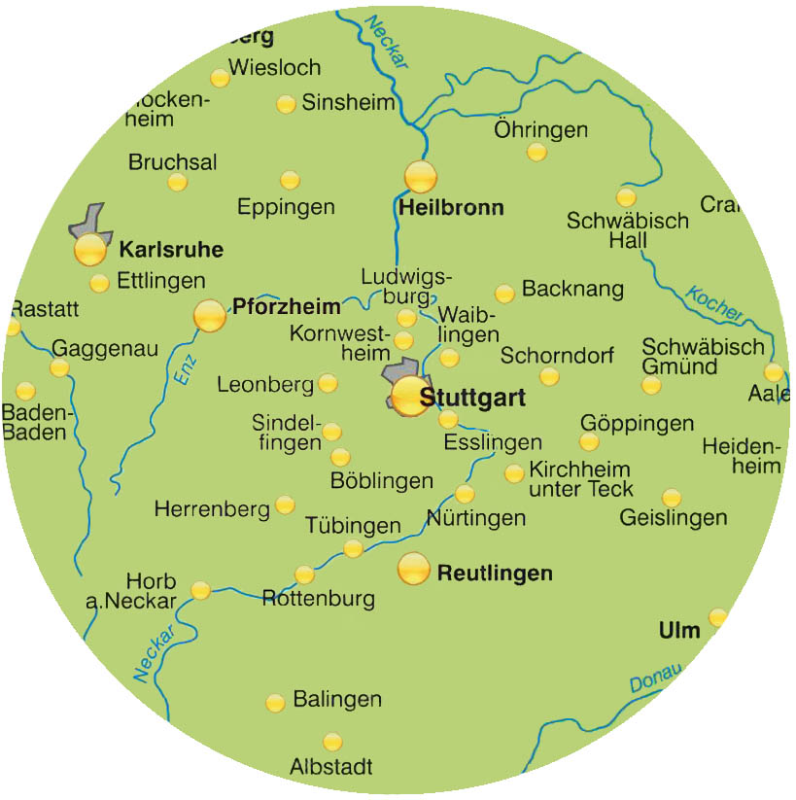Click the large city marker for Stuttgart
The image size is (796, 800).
(410, 397)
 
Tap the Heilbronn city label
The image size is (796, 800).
(451, 207)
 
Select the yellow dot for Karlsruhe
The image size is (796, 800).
(89, 250)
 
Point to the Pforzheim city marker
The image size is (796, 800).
(209, 315)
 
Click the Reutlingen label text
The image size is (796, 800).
(495, 574)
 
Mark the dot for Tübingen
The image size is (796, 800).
(353, 549)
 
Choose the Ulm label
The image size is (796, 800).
(679, 631)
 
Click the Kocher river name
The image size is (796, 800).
(713, 304)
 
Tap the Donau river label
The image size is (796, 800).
(655, 679)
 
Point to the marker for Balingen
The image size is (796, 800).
(275, 703)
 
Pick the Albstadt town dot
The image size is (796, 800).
(332, 742)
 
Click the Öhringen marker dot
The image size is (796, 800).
(536, 152)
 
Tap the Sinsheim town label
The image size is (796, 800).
(349, 102)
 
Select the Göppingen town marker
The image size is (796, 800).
(589, 442)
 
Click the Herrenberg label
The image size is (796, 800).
(211, 508)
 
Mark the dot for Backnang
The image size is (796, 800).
(504, 294)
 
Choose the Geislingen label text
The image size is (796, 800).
(673, 518)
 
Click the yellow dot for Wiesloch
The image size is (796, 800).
(219, 78)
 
